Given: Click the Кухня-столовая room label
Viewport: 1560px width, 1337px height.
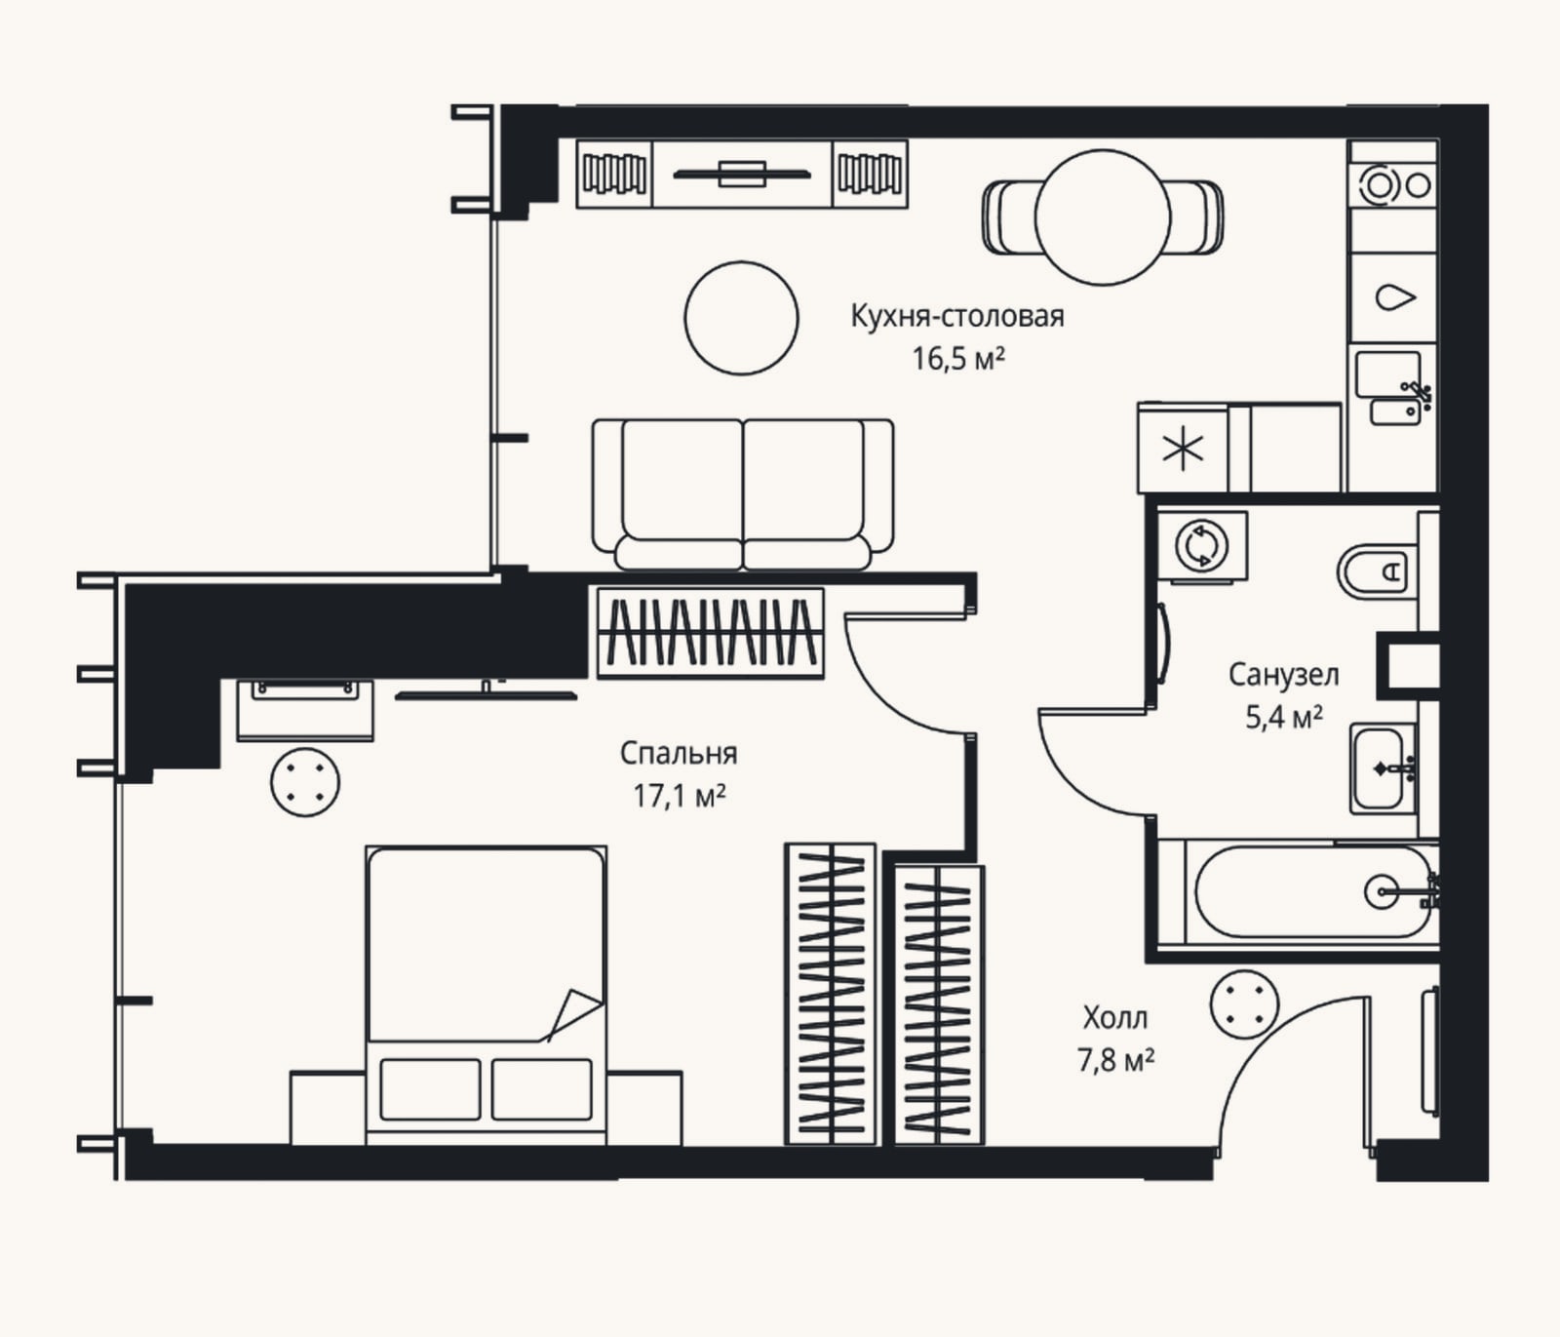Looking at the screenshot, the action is click(957, 317).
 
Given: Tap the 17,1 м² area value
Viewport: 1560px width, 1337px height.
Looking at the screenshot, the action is click(680, 796).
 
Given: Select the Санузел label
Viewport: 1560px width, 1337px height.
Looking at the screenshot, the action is click(1283, 674).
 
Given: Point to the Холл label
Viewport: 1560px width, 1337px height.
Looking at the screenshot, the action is click(1115, 1018).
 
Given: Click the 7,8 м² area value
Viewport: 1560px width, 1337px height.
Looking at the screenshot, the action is click(1116, 1060).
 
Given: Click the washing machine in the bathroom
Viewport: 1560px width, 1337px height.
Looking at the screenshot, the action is click(1202, 546).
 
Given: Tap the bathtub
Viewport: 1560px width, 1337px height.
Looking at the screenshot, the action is click(1312, 892).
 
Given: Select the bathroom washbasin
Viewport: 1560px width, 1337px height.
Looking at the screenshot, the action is click(1383, 768).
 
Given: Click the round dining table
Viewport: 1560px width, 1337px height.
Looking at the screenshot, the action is click(1102, 217).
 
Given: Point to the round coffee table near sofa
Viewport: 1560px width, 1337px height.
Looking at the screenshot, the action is click(742, 318).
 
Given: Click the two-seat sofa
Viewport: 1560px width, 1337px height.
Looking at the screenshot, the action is click(743, 494).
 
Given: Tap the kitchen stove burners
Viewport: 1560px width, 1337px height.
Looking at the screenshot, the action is click(1392, 185).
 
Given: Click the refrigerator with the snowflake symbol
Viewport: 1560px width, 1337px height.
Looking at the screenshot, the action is click(1184, 449).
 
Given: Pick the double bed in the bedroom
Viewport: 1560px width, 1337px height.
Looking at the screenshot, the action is click(486, 994).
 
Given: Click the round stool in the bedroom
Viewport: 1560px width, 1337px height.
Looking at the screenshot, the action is click(305, 782).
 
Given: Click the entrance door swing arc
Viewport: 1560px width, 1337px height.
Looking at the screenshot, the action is click(1267, 1053).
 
